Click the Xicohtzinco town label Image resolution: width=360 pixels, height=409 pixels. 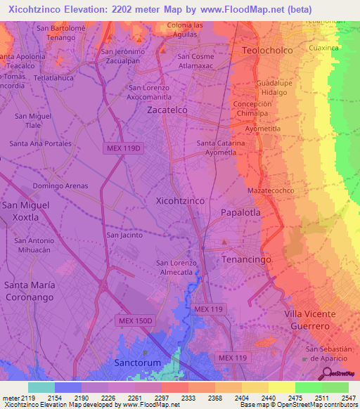coord(179,200)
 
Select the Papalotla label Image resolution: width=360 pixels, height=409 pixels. coord(240,212)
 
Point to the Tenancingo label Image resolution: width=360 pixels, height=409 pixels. coord(246,259)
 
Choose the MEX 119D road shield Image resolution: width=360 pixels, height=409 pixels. coord(124,148)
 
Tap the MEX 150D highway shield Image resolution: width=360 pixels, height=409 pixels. coord(134,320)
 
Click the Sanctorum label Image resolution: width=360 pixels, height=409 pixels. coord(137,363)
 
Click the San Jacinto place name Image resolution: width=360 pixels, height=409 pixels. coord(124,235)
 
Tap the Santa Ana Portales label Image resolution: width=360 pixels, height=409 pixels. coord(40,143)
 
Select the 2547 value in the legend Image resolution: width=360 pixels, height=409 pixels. coord(349,398)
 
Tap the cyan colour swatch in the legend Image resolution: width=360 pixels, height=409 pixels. coord(41,387)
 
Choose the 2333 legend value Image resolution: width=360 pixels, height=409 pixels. coord(188,398)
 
